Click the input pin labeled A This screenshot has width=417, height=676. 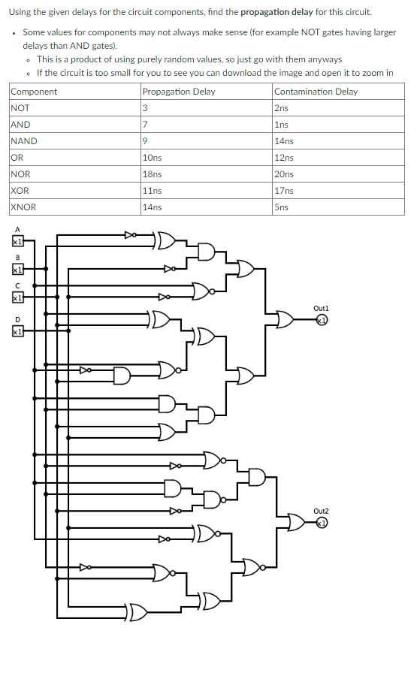coord(17,242)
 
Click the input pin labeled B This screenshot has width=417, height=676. coord(17,268)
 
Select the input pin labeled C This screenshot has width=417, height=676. coord(17,297)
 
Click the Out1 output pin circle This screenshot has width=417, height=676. coord(322,320)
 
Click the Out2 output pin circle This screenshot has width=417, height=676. coord(322,523)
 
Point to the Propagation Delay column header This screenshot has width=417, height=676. coord(178,92)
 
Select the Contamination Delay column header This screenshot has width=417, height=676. coord(316,92)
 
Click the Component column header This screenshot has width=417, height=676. coord(34,92)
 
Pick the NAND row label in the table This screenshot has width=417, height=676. coord(24,141)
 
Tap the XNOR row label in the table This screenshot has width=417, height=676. coord(23,207)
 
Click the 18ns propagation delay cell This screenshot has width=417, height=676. coord(152,174)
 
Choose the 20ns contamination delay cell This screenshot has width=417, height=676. coord(284,174)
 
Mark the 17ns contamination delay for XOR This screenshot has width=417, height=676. coord(284,191)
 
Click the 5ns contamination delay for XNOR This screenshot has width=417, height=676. coord(282,207)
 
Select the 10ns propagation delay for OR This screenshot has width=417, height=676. coord(152,158)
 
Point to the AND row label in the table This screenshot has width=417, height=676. coord(21,125)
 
